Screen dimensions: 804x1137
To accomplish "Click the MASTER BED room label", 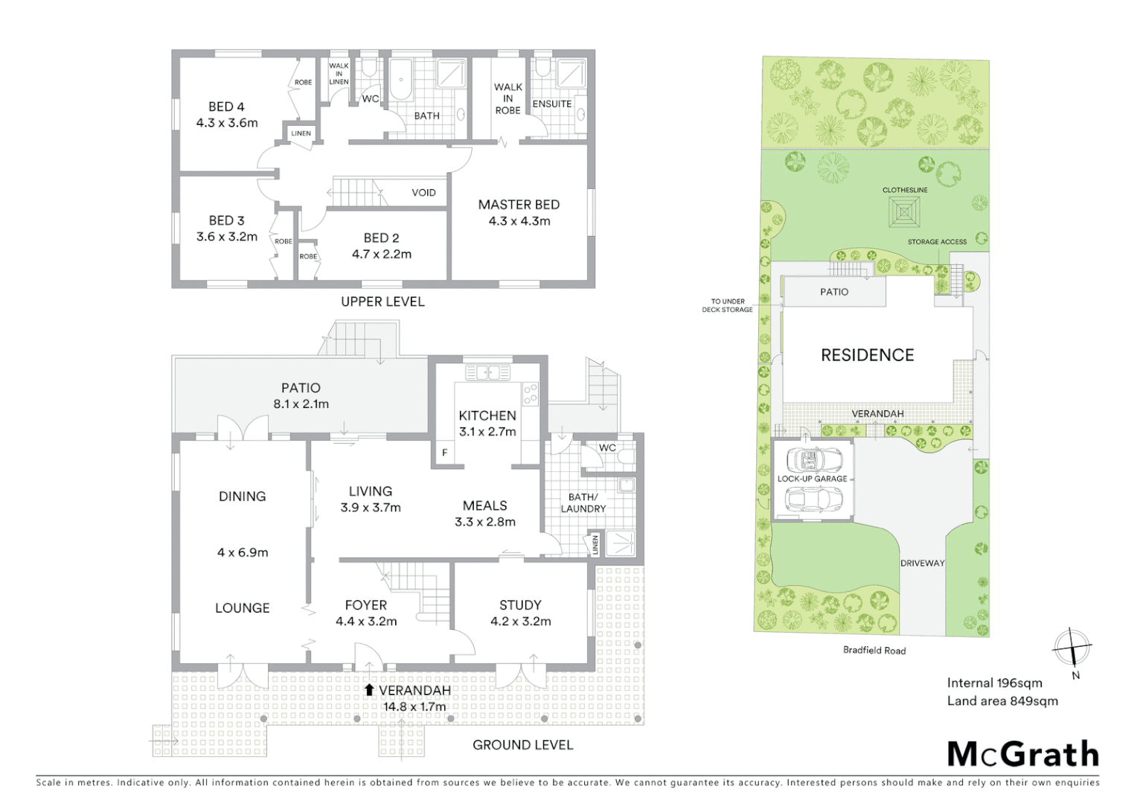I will coord(519,205).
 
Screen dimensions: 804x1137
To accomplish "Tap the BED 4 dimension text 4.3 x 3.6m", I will coord(227,123).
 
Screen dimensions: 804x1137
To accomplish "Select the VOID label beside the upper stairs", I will coord(423,193).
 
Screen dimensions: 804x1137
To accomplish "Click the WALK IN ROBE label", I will coord(507,98).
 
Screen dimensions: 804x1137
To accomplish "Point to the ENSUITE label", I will coord(552,104).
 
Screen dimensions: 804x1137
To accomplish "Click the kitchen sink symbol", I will coord(488,371).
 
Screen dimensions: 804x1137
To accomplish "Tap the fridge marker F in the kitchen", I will coord(445,453).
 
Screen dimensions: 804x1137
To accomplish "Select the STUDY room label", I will coord(520,605).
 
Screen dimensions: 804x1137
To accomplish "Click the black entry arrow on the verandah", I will coord(369,690).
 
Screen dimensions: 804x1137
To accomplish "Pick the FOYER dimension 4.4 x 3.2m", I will coord(366,622).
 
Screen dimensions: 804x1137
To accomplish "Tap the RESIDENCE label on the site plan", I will coord(867,355).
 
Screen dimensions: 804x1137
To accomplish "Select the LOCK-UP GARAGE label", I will coord(812,479).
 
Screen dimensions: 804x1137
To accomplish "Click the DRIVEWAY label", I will coord(922,563).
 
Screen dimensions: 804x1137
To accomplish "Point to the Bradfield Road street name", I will coord(874,650).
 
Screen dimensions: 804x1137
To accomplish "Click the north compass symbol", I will coord(1072,648).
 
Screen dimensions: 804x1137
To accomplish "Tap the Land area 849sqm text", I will coord(1002,701).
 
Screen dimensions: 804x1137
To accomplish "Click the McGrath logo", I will coord(1022,754).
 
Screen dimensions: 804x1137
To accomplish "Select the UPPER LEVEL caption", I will coord(382,301).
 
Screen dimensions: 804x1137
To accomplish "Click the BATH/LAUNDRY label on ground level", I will coord(583,502).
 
